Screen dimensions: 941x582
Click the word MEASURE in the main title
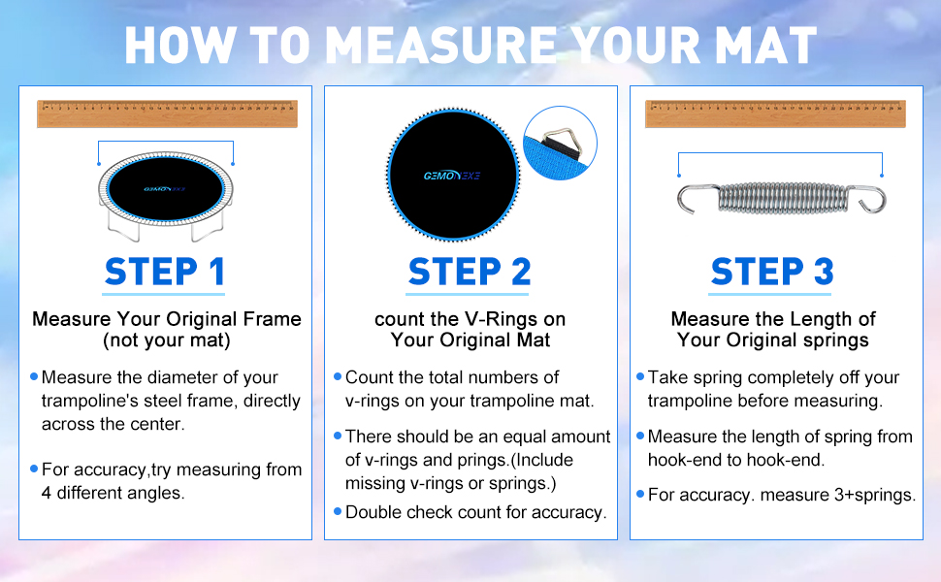[x=439, y=46]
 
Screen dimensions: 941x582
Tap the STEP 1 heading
[x=165, y=272]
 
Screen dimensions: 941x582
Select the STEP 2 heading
[x=470, y=272]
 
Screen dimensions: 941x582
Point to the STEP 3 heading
[x=772, y=272]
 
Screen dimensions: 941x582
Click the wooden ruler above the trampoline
[x=167, y=113]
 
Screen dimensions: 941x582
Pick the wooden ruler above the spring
[x=774, y=113]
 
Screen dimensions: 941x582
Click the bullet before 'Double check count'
[x=338, y=510]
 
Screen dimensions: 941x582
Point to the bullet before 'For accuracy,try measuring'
[x=35, y=469]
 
